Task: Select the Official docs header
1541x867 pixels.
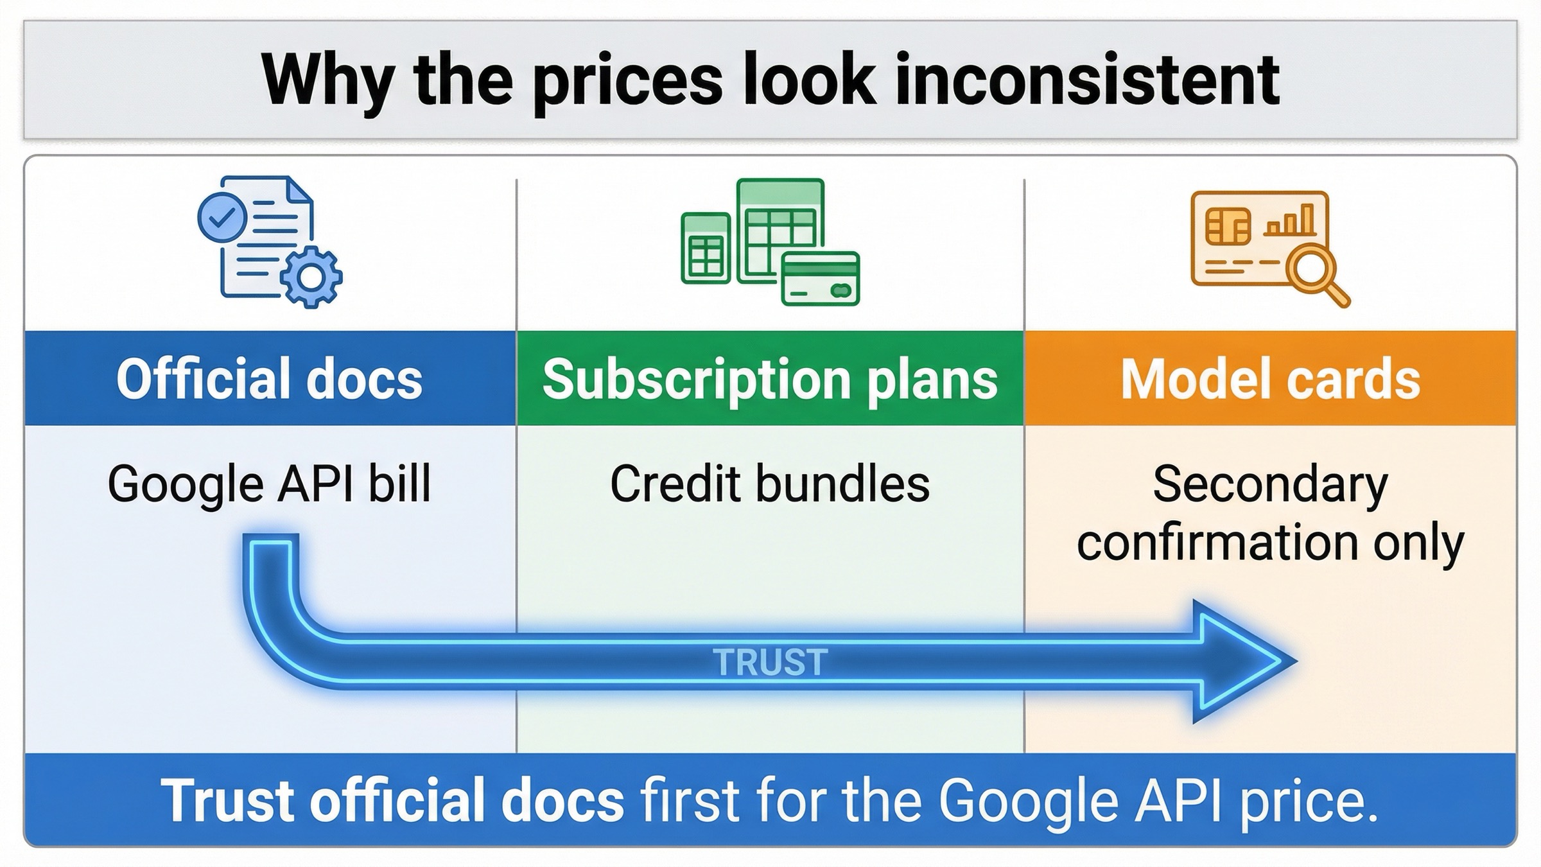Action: pyautogui.click(x=270, y=378)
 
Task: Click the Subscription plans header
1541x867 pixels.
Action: pyautogui.click(x=770, y=378)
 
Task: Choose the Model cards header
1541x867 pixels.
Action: pyautogui.click(x=1271, y=378)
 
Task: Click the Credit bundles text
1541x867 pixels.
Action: pyautogui.click(x=770, y=483)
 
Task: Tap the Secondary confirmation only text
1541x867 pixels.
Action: pyautogui.click(x=1271, y=514)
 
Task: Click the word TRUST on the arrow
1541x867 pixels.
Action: pyautogui.click(x=770, y=662)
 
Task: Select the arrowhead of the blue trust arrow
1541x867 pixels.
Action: pyautogui.click(x=1239, y=661)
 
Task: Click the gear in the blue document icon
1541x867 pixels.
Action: pyautogui.click(x=311, y=277)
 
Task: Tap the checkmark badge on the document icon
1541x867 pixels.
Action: pyautogui.click(x=222, y=218)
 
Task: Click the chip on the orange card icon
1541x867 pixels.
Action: pyautogui.click(x=1228, y=226)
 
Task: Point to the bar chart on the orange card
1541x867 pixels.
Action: pyautogui.click(x=1290, y=221)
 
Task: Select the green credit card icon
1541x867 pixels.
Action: pyautogui.click(x=821, y=279)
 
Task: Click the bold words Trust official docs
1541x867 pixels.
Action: pyautogui.click(x=392, y=800)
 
